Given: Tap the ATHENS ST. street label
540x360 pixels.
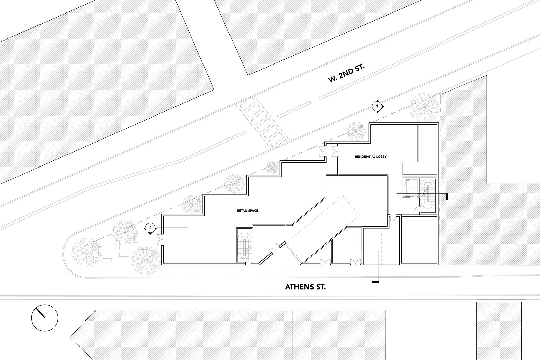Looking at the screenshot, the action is tap(305, 287).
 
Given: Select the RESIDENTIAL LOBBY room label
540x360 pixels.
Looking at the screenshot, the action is tap(371, 157).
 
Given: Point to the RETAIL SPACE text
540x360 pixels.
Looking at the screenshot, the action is tap(248, 211).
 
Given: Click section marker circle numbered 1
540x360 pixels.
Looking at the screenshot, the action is tap(377, 106).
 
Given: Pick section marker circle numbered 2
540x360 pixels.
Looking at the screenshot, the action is tap(150, 228).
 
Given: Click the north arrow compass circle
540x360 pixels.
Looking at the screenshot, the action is tap(45, 318).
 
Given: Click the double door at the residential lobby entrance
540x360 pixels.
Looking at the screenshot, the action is tap(329, 151).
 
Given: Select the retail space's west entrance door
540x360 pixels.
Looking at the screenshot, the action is tap(160, 239).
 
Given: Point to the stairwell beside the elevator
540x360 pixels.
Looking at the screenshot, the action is tap(428, 196).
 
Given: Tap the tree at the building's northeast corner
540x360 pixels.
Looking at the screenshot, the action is tap(424, 107).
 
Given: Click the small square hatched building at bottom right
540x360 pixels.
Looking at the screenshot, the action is tap(499, 331).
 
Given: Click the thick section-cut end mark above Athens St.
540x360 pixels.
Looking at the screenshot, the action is tap(375, 282).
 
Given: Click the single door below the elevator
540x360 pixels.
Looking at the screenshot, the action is tap(416, 210).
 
